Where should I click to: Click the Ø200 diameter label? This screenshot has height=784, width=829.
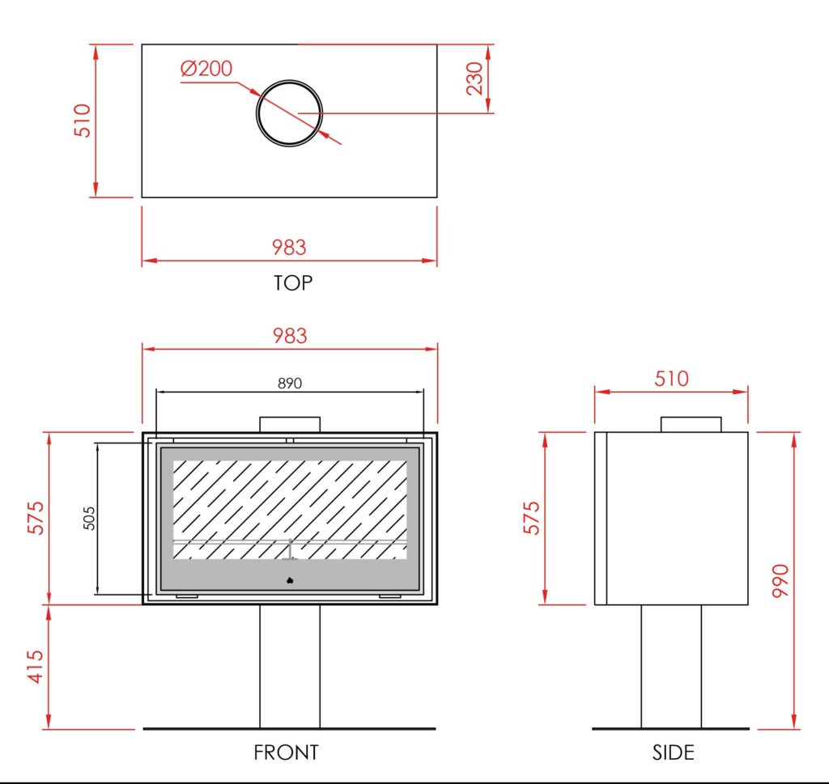(x=206, y=69)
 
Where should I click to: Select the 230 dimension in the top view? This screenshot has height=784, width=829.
(x=474, y=78)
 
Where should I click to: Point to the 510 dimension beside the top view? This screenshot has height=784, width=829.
(x=83, y=121)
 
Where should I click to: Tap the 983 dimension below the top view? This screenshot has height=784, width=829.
(x=289, y=248)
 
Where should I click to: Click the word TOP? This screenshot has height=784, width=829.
(x=293, y=283)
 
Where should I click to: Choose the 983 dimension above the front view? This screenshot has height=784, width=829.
(x=290, y=336)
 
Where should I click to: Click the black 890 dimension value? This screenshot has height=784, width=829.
(x=290, y=383)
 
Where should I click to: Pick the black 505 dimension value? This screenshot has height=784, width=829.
(x=89, y=519)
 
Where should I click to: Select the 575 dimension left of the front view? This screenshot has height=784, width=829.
(x=36, y=518)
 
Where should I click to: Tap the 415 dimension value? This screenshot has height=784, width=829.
(x=36, y=667)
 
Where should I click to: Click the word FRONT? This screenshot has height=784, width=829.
(x=286, y=752)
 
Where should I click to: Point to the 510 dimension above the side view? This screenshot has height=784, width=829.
(x=671, y=379)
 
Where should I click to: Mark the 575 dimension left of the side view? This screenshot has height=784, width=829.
(x=532, y=518)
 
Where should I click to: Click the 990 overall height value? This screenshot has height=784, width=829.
(x=780, y=581)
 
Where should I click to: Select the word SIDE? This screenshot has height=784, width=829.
(x=673, y=752)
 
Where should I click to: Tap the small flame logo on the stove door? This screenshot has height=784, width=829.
(x=290, y=581)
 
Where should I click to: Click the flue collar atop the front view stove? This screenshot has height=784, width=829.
(x=290, y=424)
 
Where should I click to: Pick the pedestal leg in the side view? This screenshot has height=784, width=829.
(x=671, y=667)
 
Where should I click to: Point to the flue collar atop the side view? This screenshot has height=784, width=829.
(x=691, y=424)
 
